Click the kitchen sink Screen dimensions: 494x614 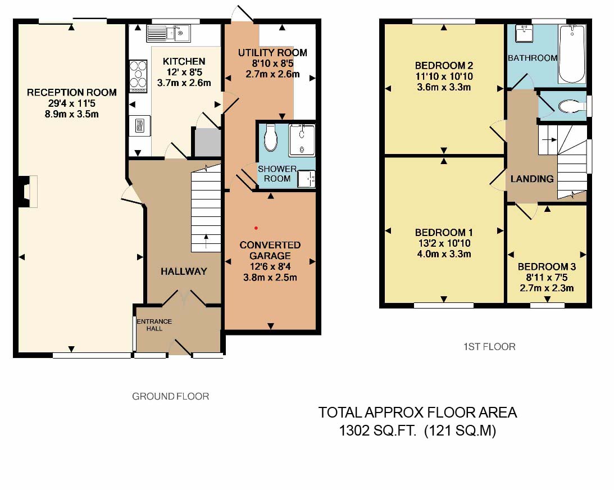coord(168,34)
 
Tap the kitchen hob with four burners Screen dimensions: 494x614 coord(137,75)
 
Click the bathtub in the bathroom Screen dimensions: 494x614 coord(572,54)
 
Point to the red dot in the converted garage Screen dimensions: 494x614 coord(256,228)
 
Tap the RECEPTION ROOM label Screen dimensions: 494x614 coord(72,92)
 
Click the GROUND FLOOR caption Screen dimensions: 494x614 coord(170,396)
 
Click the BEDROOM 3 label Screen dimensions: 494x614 coord(547,267)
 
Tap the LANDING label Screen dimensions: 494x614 coord(531,179)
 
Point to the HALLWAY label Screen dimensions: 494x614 coord(184,271)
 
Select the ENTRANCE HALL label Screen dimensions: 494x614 coord(154,325)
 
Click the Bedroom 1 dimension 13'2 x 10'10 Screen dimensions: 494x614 coord(444,243)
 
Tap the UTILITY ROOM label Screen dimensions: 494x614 coord(272,53)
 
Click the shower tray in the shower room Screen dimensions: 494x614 coord(302,140)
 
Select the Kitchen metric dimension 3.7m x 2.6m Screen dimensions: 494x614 coord(184,83)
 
